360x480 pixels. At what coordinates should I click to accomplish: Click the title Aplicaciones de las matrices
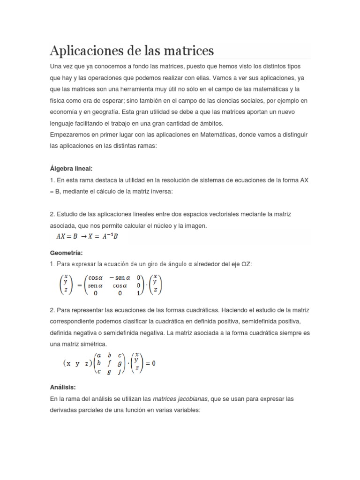pos(132,50)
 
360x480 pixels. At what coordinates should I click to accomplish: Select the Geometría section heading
pos(66,253)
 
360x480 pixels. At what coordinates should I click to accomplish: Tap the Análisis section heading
pos(63,387)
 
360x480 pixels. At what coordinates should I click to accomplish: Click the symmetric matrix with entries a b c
pos(109,363)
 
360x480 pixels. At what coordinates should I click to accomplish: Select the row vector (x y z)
pos(76,363)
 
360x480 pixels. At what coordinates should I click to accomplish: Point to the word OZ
pos(247,264)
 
